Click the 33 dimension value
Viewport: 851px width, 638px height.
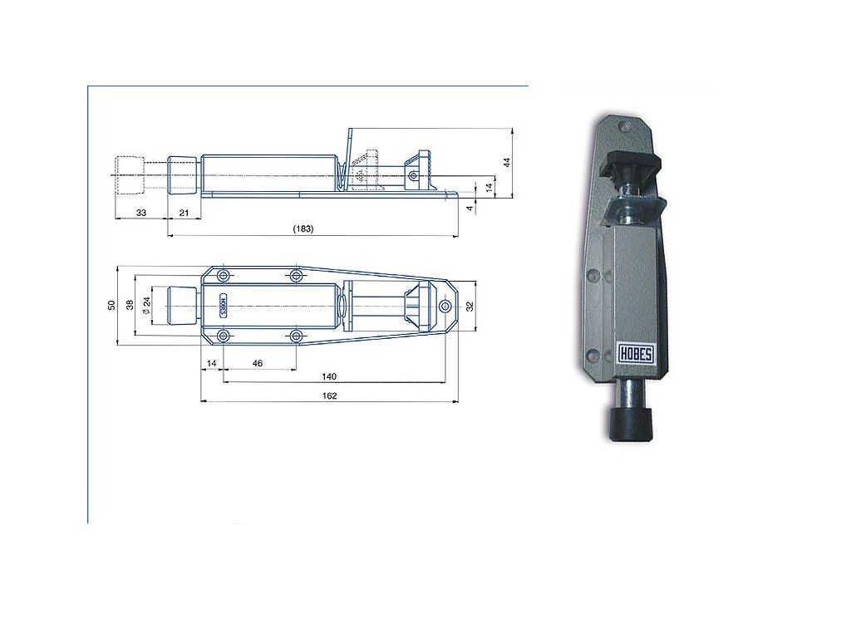[x=141, y=213]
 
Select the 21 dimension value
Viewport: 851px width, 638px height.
[x=184, y=213]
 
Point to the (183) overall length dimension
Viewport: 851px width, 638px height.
[x=303, y=228]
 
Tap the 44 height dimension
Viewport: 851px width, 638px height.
[x=507, y=162]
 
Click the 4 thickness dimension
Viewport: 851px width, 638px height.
[x=470, y=207]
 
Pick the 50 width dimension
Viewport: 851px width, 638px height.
[x=112, y=305]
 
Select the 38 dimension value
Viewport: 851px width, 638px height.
[x=130, y=305]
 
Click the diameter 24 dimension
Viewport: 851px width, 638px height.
[x=146, y=306]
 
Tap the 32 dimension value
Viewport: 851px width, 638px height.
[x=470, y=306]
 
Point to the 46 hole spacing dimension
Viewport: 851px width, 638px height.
[x=258, y=363]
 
